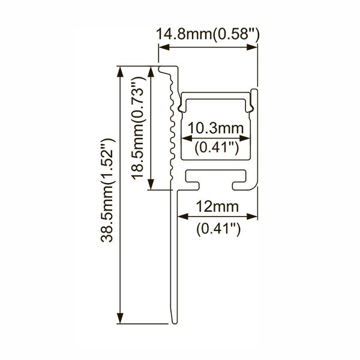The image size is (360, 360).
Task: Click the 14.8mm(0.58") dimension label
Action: [x=208, y=34]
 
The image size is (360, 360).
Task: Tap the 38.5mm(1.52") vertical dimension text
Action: [x=107, y=190]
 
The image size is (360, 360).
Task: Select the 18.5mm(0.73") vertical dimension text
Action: [x=138, y=128]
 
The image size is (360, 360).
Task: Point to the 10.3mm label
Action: [x=215, y=128]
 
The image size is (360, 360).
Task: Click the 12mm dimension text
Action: [x=217, y=206]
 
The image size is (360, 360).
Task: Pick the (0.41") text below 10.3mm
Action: [x=217, y=148]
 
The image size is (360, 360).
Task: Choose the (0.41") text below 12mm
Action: [x=218, y=229]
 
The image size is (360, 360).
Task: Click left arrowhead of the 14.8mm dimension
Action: [x=164, y=47]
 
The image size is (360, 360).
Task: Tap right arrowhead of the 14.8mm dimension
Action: [x=252, y=47]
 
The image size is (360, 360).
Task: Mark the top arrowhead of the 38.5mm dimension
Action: [x=120, y=71]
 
